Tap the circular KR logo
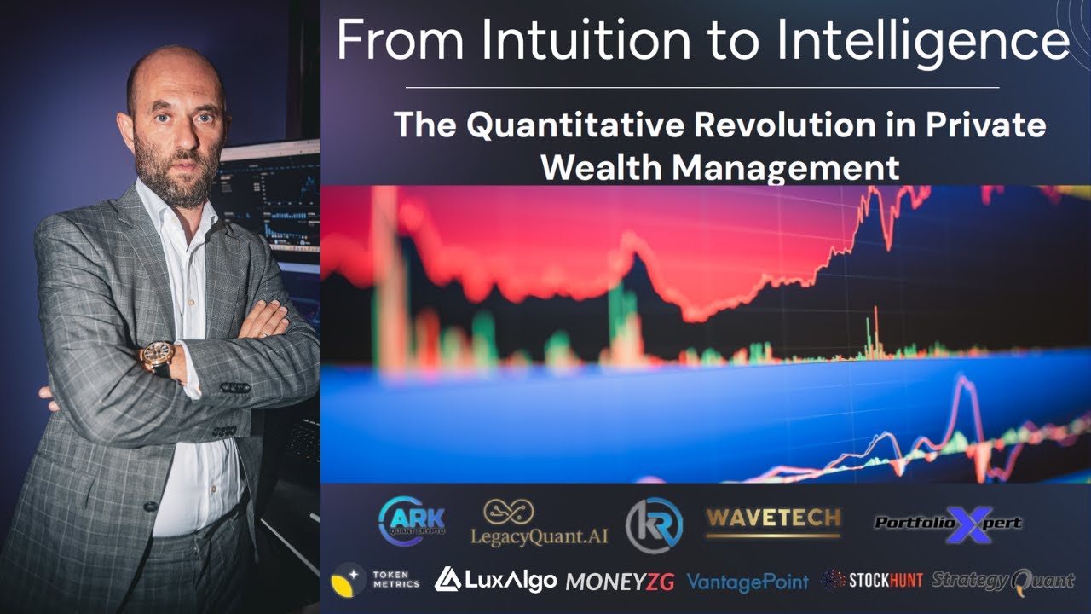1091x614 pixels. click(654, 524)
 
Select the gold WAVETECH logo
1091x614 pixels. click(773, 519)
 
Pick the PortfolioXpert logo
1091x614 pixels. click(948, 523)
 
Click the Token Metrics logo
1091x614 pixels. click(376, 579)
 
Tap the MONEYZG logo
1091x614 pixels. click(620, 582)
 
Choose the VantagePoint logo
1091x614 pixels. click(747, 582)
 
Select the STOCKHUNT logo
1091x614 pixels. click(871, 580)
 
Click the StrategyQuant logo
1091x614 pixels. click(1002, 581)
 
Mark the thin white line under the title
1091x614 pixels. click(701, 88)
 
